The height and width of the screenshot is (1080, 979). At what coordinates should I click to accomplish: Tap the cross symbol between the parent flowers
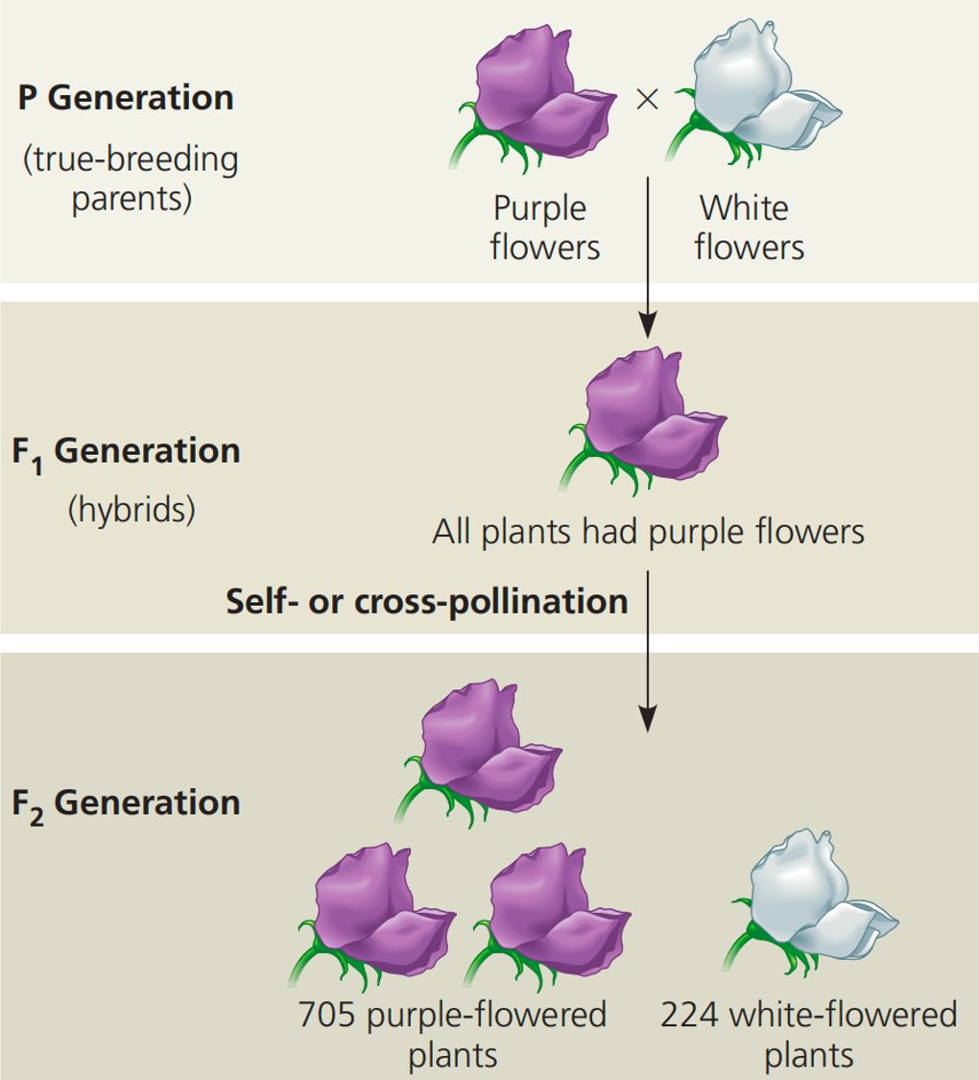[x=648, y=100]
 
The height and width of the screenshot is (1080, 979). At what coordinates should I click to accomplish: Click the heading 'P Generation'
[x=125, y=98]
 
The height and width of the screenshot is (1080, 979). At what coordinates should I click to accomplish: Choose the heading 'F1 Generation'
[x=126, y=452]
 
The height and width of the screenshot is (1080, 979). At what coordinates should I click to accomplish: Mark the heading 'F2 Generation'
[x=126, y=804]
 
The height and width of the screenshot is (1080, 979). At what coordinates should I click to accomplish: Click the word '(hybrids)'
[x=131, y=509]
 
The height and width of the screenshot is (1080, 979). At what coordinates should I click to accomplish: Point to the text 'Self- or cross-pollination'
[x=426, y=601]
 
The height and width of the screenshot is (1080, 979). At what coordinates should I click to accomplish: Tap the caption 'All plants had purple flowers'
[x=648, y=531]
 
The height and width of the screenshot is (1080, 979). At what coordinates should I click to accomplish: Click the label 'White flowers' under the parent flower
[x=749, y=228]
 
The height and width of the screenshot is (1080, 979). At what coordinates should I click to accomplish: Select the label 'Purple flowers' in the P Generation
[x=544, y=228]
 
